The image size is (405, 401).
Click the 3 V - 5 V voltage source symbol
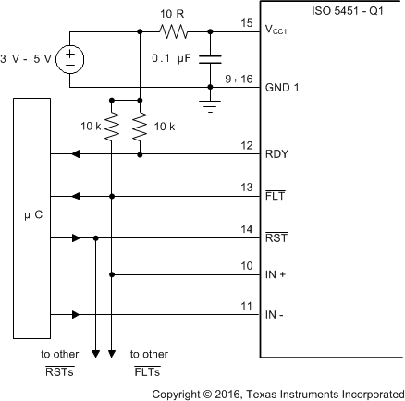click(x=68, y=60)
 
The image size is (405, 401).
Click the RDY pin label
click(x=276, y=155)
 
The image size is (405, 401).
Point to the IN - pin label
click(x=276, y=315)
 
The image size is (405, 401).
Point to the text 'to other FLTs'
click(x=149, y=362)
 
